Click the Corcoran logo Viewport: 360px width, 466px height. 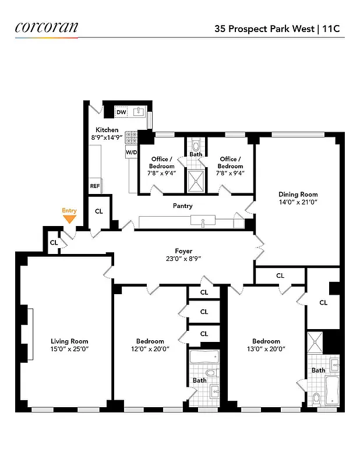click(46, 27)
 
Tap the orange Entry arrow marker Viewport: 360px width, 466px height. click(69, 219)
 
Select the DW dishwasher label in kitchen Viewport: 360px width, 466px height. click(121, 112)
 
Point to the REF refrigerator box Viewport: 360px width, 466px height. click(94, 186)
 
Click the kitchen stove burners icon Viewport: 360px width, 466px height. click(131, 137)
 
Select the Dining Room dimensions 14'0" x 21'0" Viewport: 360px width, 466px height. click(298, 203)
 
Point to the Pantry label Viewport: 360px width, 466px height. click(182, 206)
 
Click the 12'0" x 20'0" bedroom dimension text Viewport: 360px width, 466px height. click(150, 349)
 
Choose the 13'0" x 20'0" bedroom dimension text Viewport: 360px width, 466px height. click(266, 349)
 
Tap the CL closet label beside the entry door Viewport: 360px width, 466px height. click(54, 242)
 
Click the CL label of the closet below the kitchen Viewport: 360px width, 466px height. click(98, 211)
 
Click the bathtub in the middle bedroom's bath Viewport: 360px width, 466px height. click(204, 356)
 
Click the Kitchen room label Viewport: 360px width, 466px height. click(105, 130)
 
